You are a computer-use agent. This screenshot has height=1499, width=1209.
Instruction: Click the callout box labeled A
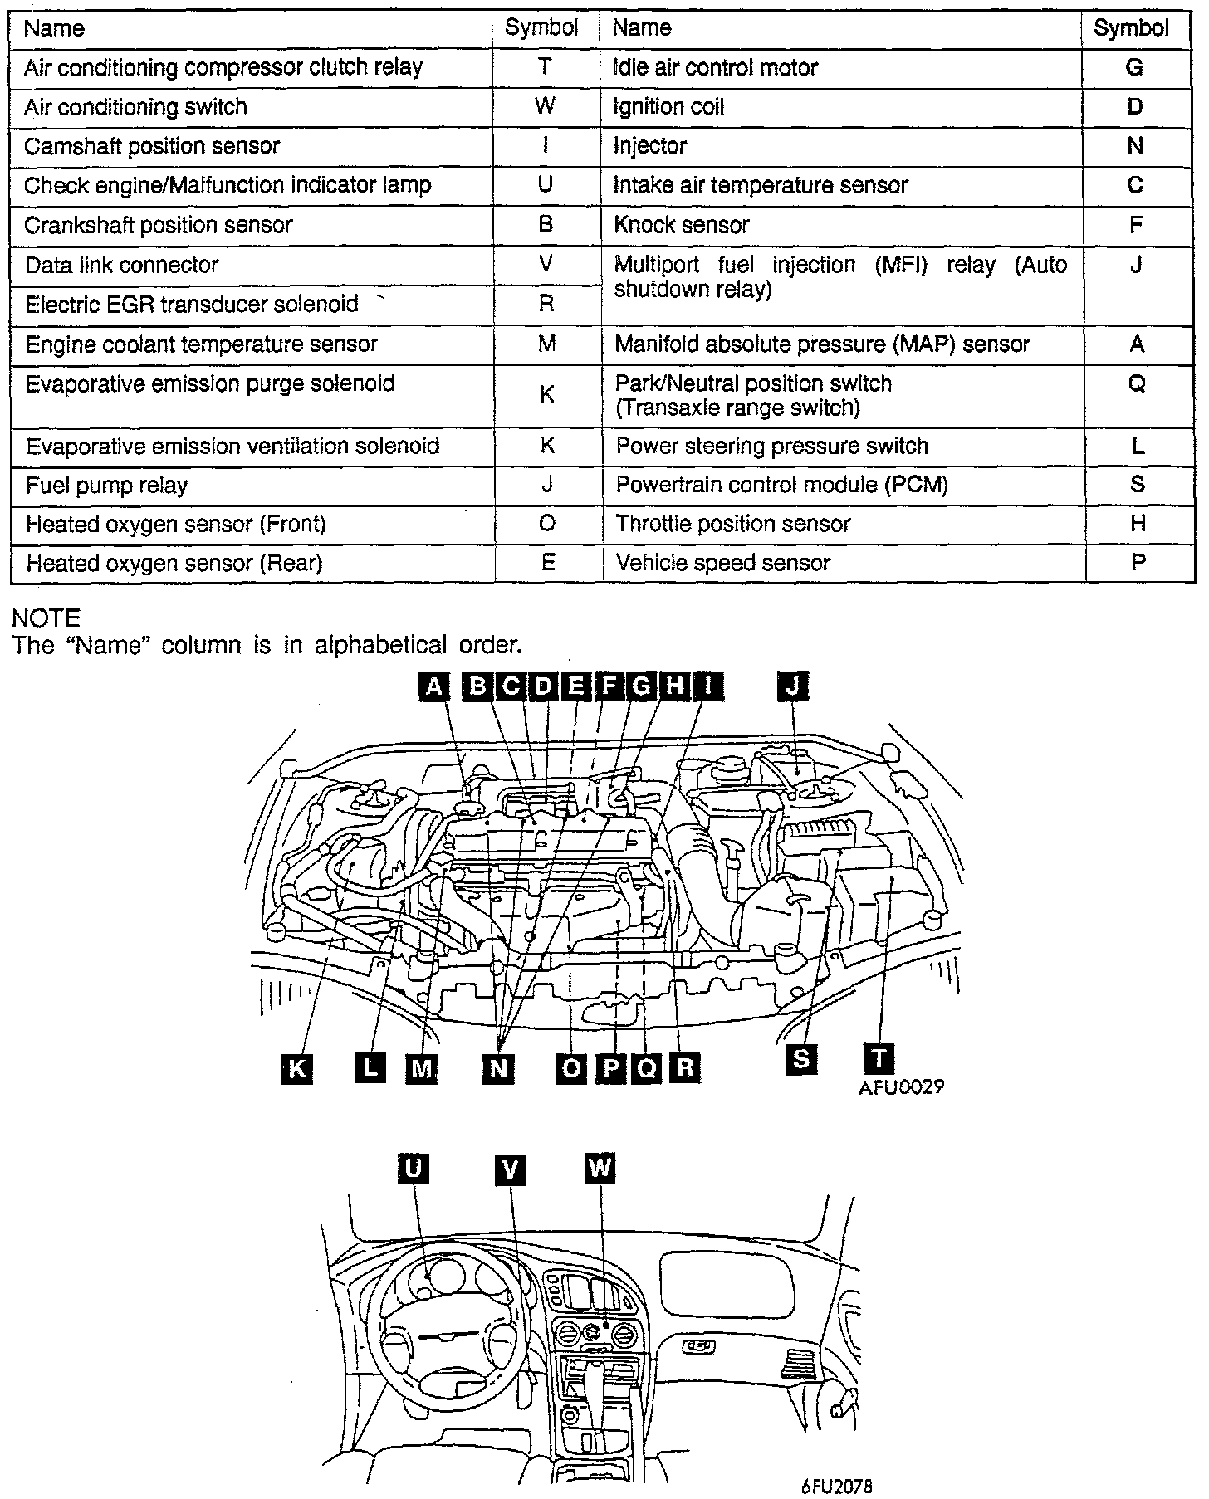pos(433,686)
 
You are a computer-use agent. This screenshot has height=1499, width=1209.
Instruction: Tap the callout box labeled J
pos(793,686)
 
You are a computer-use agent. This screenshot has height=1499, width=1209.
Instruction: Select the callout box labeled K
pos(296,1067)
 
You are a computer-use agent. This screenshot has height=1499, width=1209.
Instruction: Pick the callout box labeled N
pos(498,1067)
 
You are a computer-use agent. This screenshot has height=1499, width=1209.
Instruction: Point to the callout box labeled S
pos(801,1058)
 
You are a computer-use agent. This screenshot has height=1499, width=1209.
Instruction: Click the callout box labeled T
pos(879,1058)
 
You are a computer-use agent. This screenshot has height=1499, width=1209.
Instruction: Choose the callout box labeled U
pos(413,1168)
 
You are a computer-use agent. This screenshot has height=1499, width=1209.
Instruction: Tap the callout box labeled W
pos(599,1168)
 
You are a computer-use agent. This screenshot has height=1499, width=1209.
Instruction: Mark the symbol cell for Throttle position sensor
pos(1138,524)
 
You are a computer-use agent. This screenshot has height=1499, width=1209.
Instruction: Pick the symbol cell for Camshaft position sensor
pos(545,146)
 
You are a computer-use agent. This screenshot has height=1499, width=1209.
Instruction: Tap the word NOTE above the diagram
pos(46,618)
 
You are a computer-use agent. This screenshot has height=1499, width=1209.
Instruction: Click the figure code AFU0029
pos(902,1086)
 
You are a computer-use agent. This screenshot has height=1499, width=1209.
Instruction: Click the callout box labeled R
pos(684,1067)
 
